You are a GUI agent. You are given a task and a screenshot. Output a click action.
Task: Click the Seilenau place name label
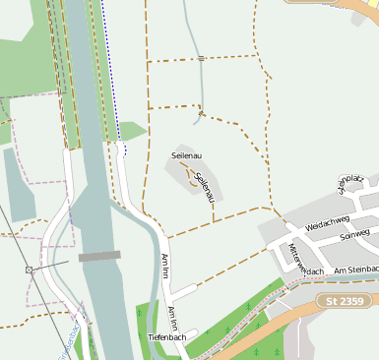188,155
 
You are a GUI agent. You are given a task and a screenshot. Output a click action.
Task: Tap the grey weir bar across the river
99,257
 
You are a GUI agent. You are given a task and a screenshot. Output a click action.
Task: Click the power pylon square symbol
30,270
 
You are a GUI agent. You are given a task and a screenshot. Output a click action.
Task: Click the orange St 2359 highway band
295,315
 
